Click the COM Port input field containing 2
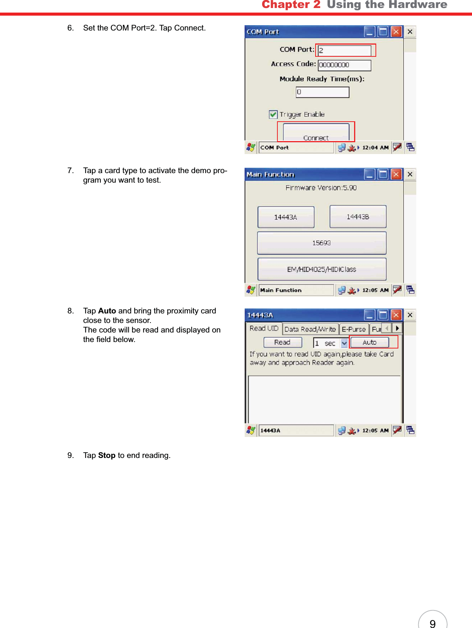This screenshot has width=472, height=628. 344,50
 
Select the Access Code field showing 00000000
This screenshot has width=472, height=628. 344,65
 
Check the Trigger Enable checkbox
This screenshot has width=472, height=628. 273,114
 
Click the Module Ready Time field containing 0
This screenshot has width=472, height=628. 322,92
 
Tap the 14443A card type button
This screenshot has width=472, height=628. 286,217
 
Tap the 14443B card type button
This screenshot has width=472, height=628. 358,217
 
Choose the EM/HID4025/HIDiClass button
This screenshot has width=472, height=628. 322,269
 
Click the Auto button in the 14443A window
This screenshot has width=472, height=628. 369,342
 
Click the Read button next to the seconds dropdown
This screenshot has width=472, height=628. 282,342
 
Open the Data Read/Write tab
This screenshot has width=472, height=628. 310,329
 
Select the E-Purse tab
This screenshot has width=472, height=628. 354,329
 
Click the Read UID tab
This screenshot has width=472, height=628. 264,328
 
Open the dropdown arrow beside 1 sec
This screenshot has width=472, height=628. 344,343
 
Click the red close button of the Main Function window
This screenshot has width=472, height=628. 396,174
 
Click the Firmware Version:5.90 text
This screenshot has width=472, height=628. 321,188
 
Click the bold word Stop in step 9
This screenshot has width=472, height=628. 106,455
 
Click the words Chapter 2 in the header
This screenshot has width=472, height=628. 291,5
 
